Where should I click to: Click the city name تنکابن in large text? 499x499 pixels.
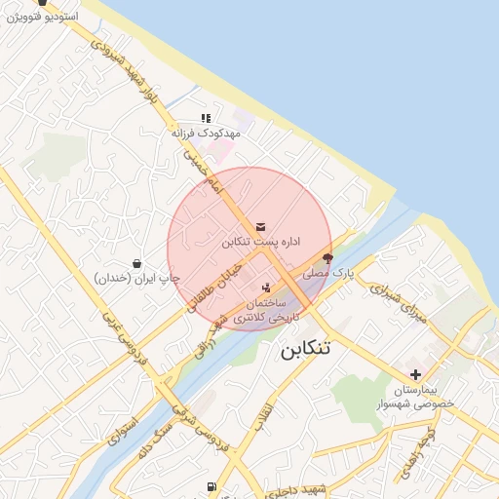pos(305,349)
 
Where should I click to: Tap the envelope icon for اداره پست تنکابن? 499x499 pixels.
pos(259,226)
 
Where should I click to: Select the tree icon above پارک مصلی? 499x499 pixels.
pos(326,260)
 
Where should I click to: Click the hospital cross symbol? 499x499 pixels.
pos(415,374)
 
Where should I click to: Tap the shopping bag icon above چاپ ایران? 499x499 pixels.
pos(135,263)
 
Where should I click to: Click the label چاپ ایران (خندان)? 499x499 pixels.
pos(137,279)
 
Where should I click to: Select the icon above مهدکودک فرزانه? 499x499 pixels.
pos(206,118)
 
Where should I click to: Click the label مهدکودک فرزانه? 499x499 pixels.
pos(206,134)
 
